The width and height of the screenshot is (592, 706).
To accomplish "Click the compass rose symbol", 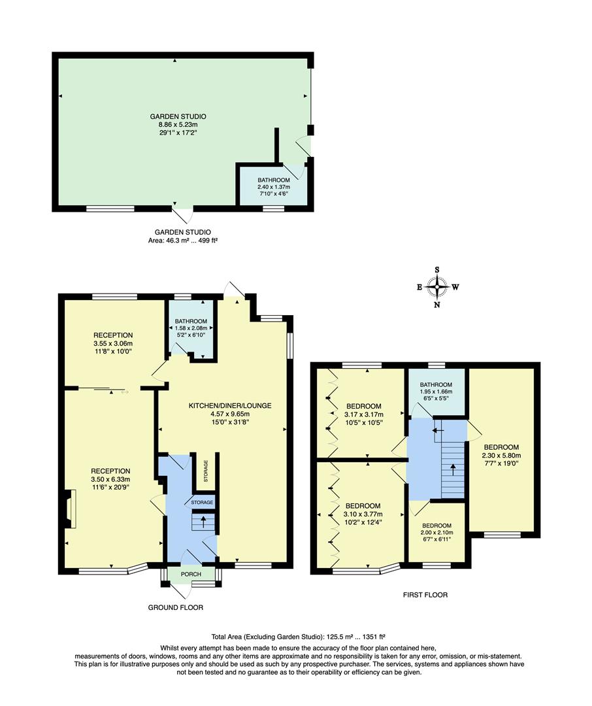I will pyautogui.click(x=437, y=286).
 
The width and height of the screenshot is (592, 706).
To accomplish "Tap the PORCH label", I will pyautogui.click(x=191, y=574).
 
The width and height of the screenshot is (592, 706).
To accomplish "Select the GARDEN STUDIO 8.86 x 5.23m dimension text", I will pyautogui.click(x=173, y=124).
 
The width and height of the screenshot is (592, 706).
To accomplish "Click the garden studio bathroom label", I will pyautogui.click(x=273, y=180).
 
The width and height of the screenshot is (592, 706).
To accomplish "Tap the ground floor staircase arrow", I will pyautogui.click(x=203, y=522).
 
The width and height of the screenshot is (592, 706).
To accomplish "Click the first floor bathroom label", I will pyautogui.click(x=436, y=384).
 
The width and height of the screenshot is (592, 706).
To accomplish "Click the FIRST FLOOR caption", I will pyautogui.click(x=425, y=595).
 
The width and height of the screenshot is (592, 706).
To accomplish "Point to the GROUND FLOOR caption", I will pyautogui.click(x=175, y=607).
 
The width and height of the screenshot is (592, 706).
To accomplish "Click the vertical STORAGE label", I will pyautogui.click(x=205, y=469).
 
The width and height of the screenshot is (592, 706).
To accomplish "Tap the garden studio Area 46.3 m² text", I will pyautogui.click(x=182, y=241).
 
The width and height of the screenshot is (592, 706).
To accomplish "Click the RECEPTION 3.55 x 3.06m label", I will pyautogui.click(x=112, y=344).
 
